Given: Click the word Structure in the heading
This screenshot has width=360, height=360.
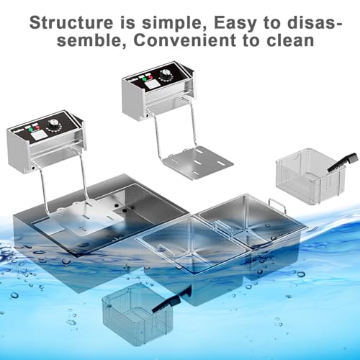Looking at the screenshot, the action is (71, 23).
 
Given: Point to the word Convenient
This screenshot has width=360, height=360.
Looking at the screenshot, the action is (185, 40).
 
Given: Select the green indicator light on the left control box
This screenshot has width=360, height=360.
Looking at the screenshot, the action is (31, 130).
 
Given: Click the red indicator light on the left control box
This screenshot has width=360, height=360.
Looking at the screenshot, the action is (37, 128).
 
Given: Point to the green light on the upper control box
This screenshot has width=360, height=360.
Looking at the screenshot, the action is (144, 78).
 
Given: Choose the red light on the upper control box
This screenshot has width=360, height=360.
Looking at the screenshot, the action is (150, 77).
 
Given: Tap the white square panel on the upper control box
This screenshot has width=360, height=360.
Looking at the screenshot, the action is (152, 84).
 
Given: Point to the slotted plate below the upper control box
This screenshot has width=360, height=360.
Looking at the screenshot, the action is (199, 162).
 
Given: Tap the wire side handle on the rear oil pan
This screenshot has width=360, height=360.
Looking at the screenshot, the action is (278, 205).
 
